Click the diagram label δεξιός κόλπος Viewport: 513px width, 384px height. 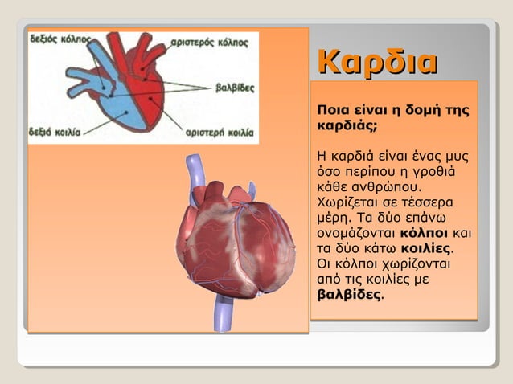(60, 39)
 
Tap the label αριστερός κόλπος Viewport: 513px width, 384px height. (209, 42)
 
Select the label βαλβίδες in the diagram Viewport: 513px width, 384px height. (233, 88)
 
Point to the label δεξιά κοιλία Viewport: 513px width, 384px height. (54, 130)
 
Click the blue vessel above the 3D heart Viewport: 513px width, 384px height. (194, 173)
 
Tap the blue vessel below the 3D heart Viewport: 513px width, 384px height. (221, 313)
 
